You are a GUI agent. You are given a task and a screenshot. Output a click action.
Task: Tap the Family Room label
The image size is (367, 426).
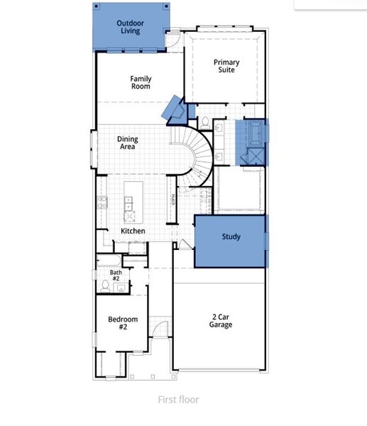pos(141,82)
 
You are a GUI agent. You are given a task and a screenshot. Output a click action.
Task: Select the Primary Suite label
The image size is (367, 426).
pos(226,66)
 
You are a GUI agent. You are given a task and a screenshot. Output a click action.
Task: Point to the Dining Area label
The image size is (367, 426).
pos(128,143)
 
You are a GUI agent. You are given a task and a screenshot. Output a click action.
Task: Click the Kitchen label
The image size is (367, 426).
pos(133,231)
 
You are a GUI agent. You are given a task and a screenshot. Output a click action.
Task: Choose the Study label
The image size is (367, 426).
pos(231,237)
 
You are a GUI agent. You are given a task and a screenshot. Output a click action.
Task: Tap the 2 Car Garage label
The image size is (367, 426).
pos(220,321)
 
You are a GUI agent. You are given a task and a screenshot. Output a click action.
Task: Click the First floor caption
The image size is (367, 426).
pos(178,400)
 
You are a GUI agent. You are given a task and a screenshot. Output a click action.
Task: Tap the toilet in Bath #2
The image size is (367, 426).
pos(105,285)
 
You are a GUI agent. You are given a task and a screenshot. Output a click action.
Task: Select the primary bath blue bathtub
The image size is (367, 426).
pos(253,133)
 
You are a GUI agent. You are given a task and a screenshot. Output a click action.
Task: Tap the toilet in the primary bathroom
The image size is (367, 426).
pos(204,121)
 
